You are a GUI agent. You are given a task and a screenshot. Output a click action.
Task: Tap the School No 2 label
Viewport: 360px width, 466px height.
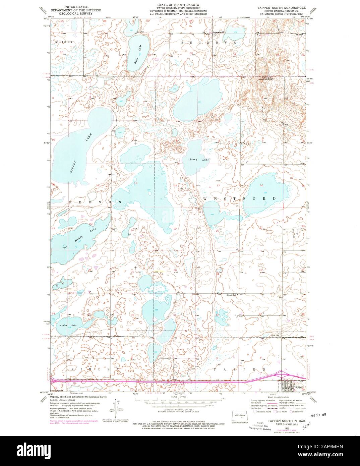click(x=232, y=295)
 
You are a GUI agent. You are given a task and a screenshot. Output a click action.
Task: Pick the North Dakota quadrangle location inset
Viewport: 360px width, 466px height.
click(x=240, y=417)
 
